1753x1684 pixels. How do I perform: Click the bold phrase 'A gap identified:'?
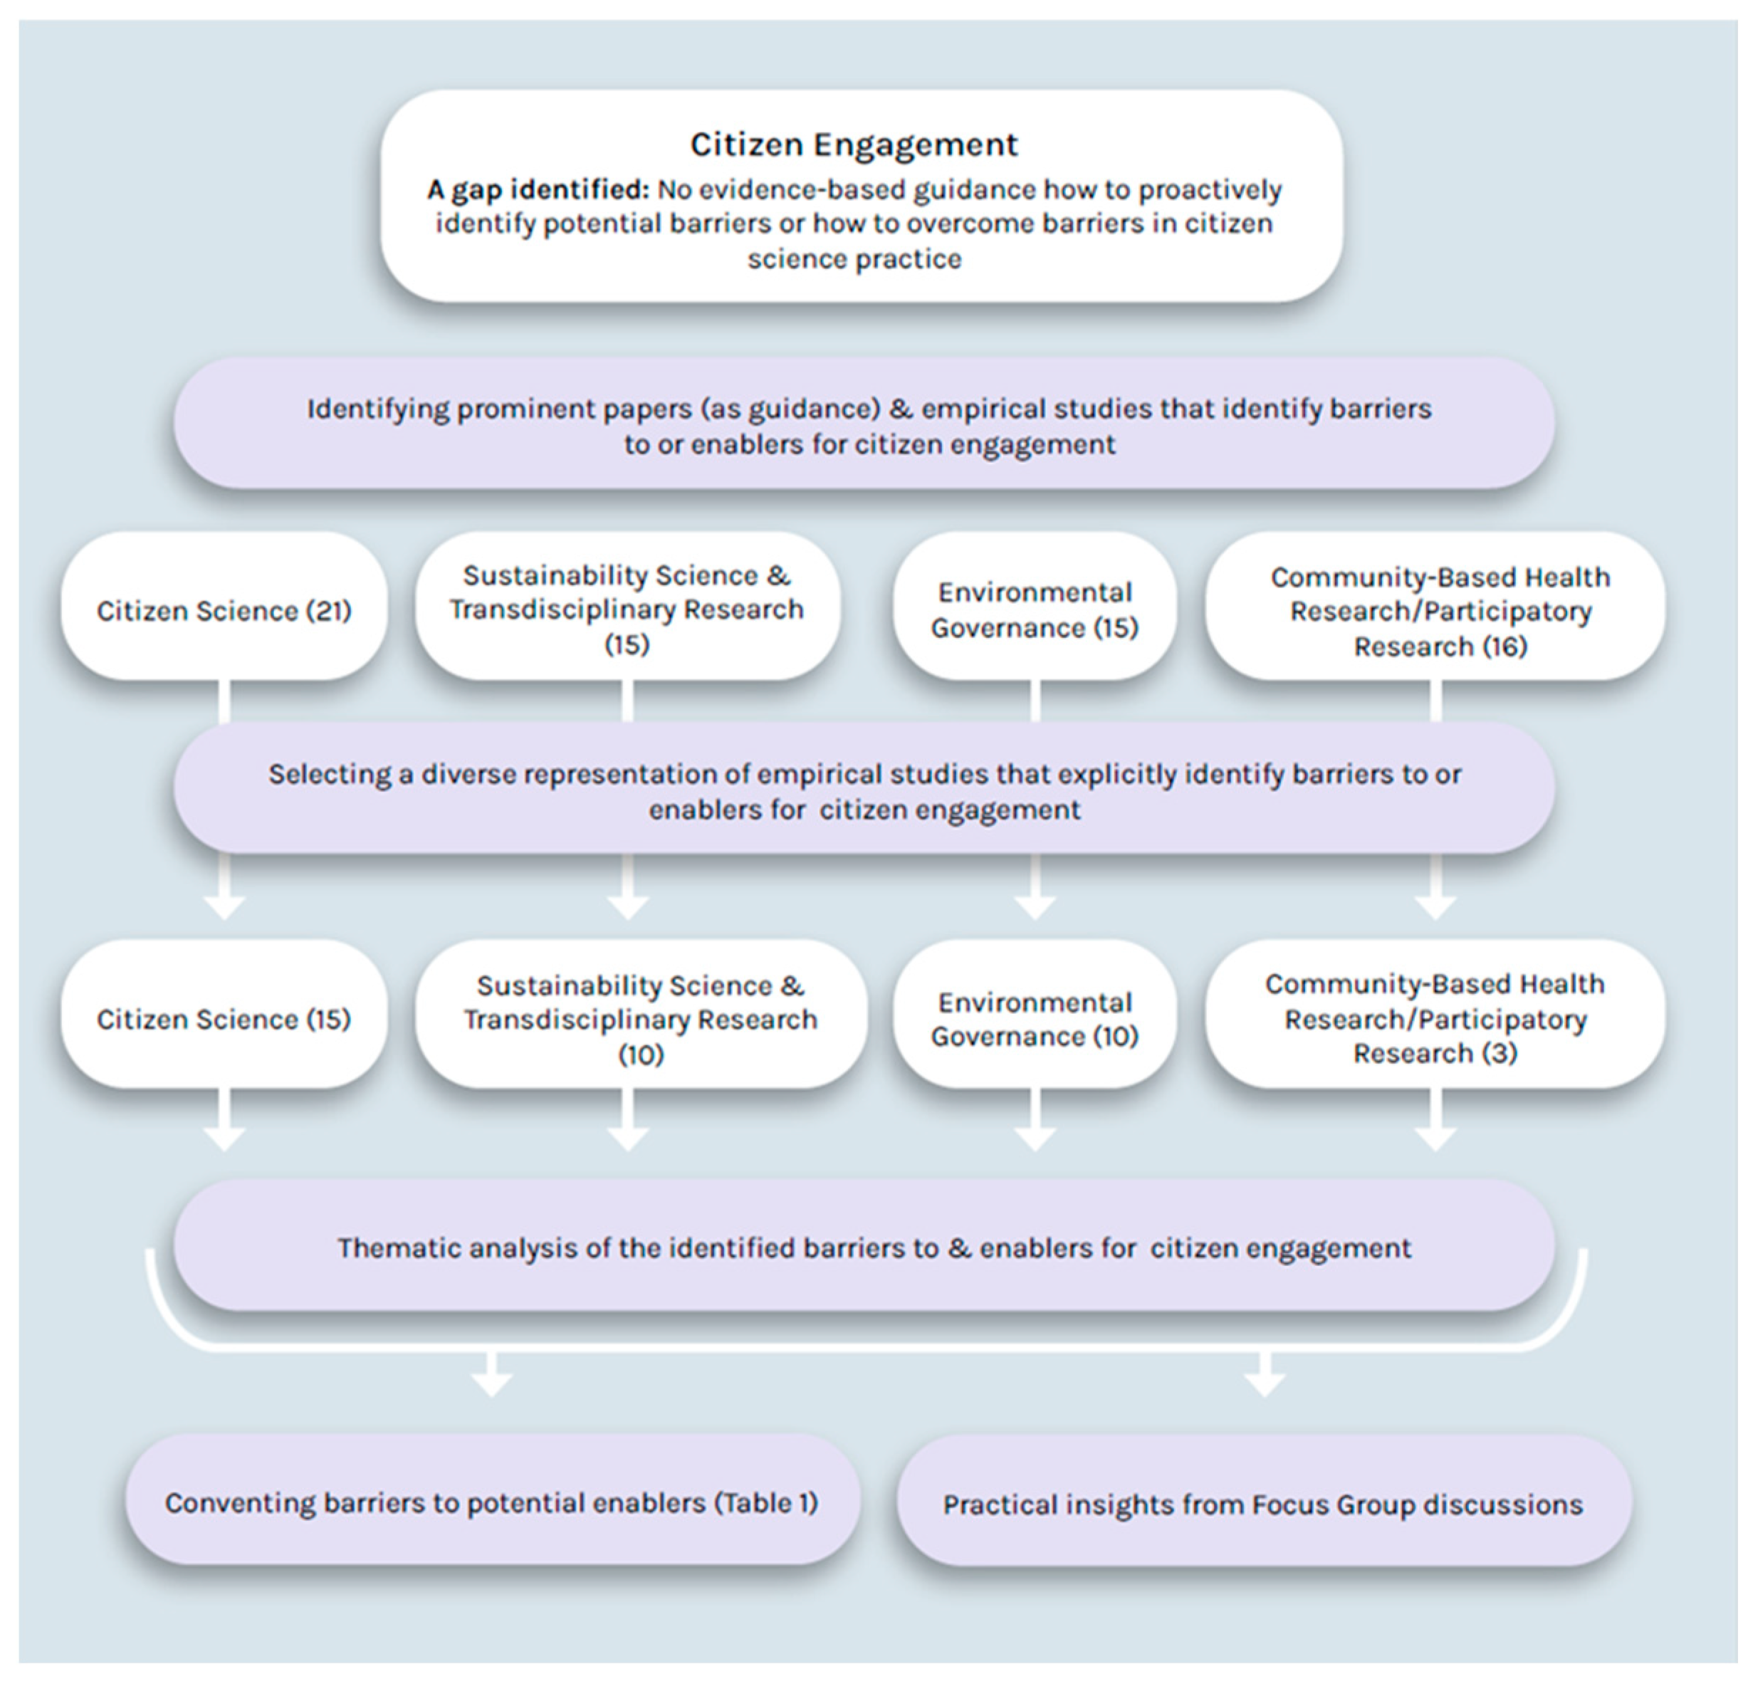coord(538,189)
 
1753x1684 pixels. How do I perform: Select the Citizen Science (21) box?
coord(224,610)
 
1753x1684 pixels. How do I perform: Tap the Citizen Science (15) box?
coord(224,1019)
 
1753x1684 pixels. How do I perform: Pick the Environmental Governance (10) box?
coord(1034,1019)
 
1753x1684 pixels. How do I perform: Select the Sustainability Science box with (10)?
coord(640,1019)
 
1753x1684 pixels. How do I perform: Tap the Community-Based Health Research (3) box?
coord(1435,1019)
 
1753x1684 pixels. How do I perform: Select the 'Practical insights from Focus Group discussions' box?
coord(1263,1505)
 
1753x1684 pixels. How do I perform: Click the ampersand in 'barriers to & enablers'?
coord(959,1248)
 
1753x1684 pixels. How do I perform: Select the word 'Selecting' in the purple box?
coord(329,773)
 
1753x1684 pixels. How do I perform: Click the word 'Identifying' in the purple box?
coord(376,409)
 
